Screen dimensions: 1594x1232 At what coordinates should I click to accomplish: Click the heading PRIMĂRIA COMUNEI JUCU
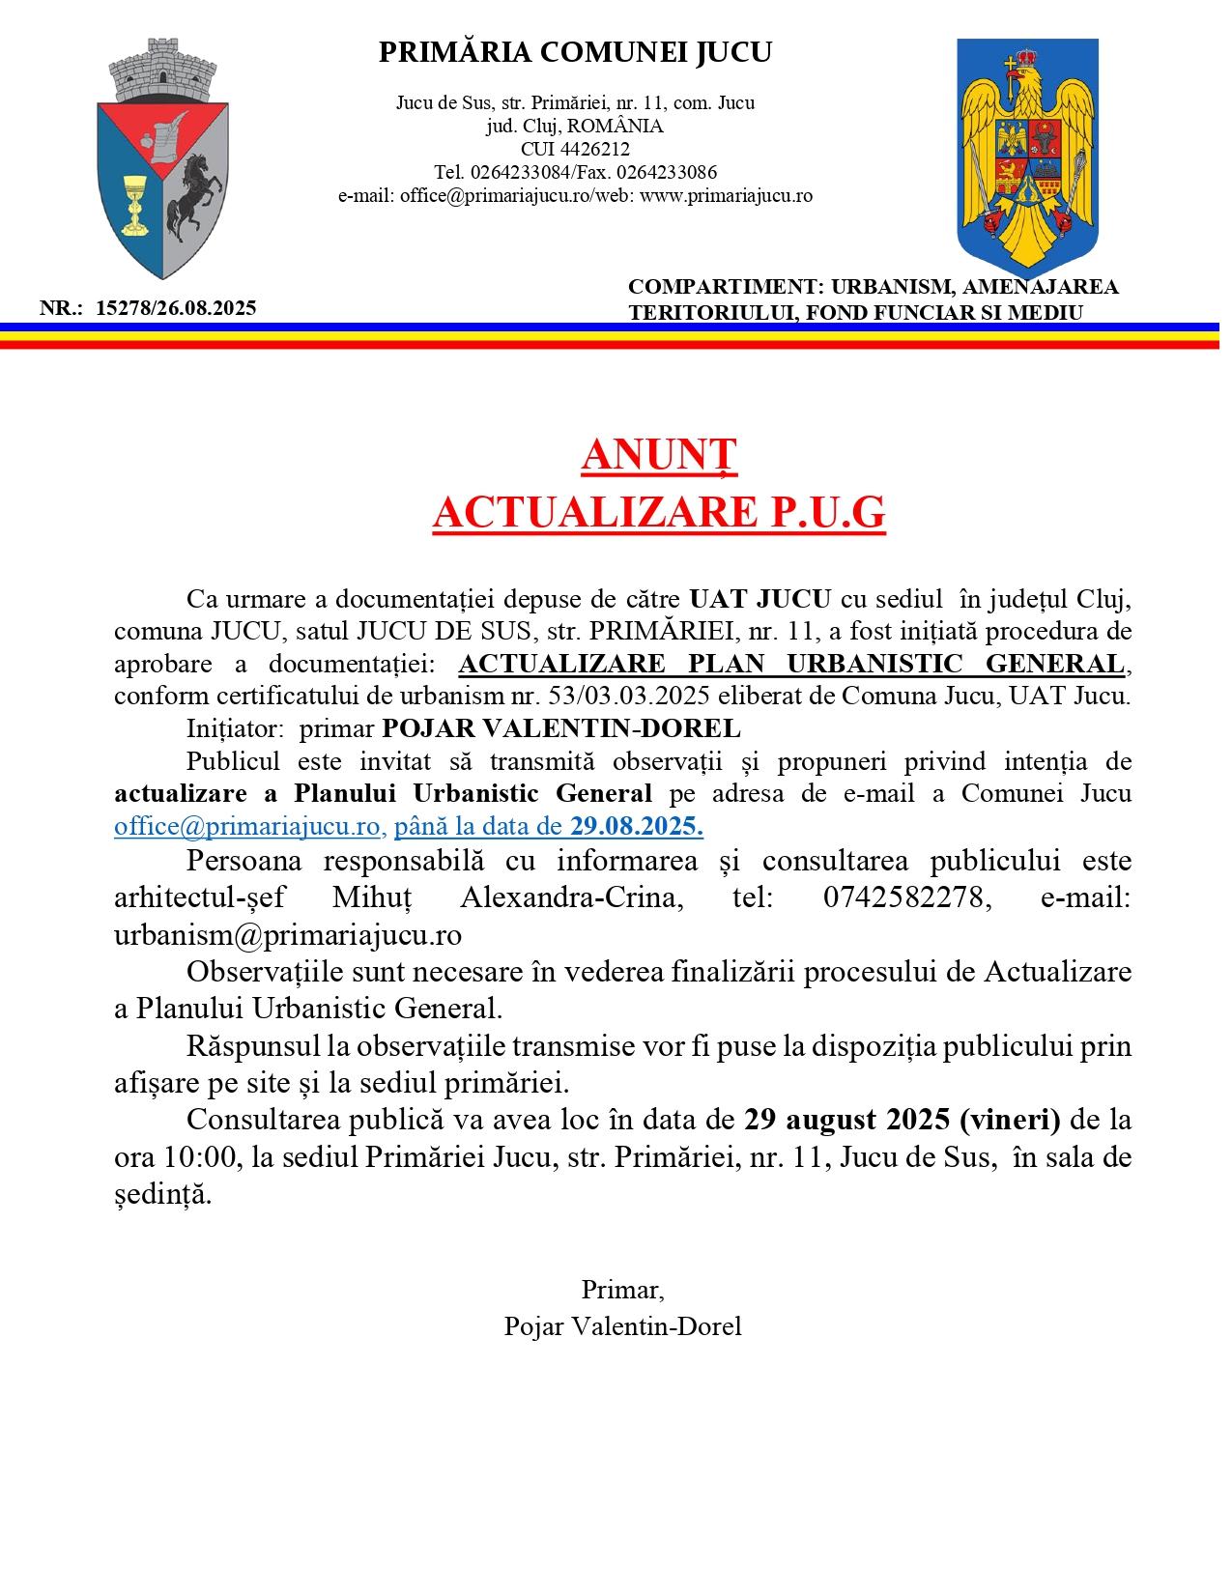point(575,53)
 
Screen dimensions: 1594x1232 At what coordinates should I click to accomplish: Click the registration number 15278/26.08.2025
point(177,308)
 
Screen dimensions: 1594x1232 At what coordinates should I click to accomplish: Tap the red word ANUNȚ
point(659,456)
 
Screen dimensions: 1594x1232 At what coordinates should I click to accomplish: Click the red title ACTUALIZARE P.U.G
point(658,513)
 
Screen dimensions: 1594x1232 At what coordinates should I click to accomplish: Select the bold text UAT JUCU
point(759,599)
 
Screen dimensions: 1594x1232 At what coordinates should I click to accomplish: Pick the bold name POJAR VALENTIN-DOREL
point(561,728)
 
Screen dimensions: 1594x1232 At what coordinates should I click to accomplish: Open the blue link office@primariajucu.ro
point(246,826)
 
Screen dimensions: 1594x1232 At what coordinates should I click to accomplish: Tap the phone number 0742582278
point(907,897)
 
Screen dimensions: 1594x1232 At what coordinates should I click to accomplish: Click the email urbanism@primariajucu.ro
point(287,935)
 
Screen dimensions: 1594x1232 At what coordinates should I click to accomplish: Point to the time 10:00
point(192,1157)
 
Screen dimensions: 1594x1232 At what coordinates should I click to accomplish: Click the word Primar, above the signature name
point(622,1290)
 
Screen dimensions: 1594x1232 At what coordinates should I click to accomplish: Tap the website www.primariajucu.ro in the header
point(727,196)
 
